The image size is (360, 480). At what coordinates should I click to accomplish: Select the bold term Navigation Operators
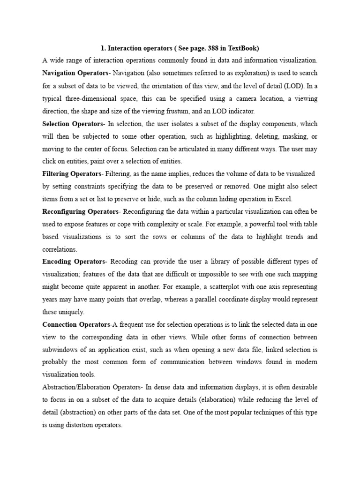point(75,73)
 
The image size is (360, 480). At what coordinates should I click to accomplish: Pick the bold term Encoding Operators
point(73,261)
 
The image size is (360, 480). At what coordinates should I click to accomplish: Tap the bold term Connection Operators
point(76,324)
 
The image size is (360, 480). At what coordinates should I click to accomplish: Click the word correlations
point(60,249)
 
